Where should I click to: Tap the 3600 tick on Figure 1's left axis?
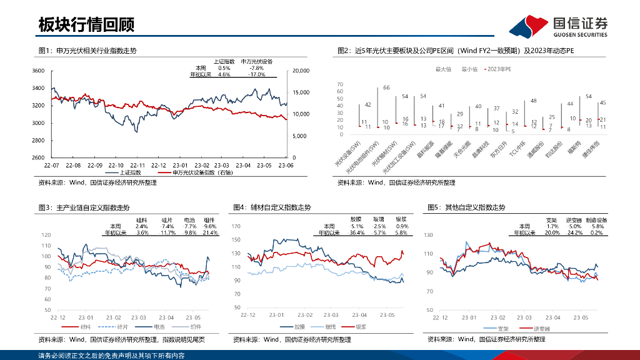click(38, 71)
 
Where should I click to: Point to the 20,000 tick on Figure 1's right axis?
click(301, 71)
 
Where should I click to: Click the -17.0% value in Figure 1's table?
click(257, 74)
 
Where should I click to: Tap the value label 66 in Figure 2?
click(386, 87)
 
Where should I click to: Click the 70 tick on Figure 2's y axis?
click(340, 84)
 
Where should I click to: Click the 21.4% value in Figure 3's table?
click(210, 232)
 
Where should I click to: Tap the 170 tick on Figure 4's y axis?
click(236, 226)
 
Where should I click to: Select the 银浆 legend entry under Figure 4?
click(361, 327)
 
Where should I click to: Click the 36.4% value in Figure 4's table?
click(357, 232)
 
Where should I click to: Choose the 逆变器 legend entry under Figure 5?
click(541, 329)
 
